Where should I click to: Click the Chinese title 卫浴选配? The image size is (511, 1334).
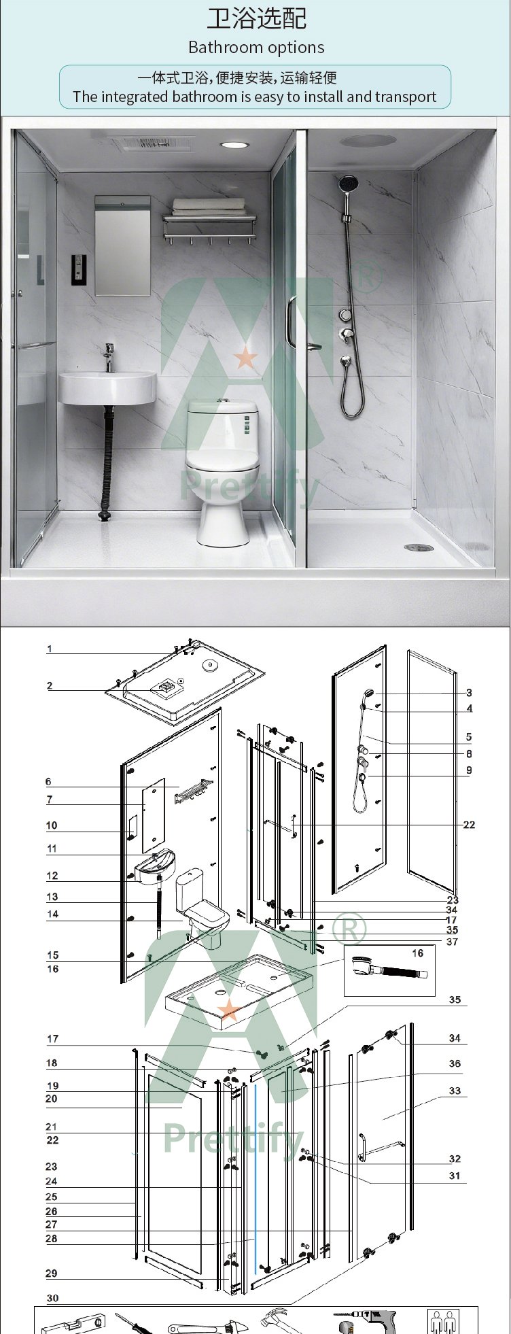256,18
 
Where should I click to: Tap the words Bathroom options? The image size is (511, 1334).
256,48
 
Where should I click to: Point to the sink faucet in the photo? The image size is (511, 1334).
109,356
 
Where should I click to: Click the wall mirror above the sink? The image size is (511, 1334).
122,245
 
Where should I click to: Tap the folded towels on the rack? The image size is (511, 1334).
208,205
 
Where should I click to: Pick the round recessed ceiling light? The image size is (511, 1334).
234,145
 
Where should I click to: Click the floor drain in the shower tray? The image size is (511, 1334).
419,547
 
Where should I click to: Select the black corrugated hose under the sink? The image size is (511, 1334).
106,462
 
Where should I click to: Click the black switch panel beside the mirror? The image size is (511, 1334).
79,269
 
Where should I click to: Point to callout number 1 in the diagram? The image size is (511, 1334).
49,649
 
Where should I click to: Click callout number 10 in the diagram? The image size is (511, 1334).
52,825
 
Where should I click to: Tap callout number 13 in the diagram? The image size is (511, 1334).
52,897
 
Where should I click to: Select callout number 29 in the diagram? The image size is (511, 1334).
52,1273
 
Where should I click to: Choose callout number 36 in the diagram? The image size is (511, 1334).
455,1063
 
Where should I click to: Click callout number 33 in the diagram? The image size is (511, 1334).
455,1091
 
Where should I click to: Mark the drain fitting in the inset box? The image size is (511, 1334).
389,969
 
